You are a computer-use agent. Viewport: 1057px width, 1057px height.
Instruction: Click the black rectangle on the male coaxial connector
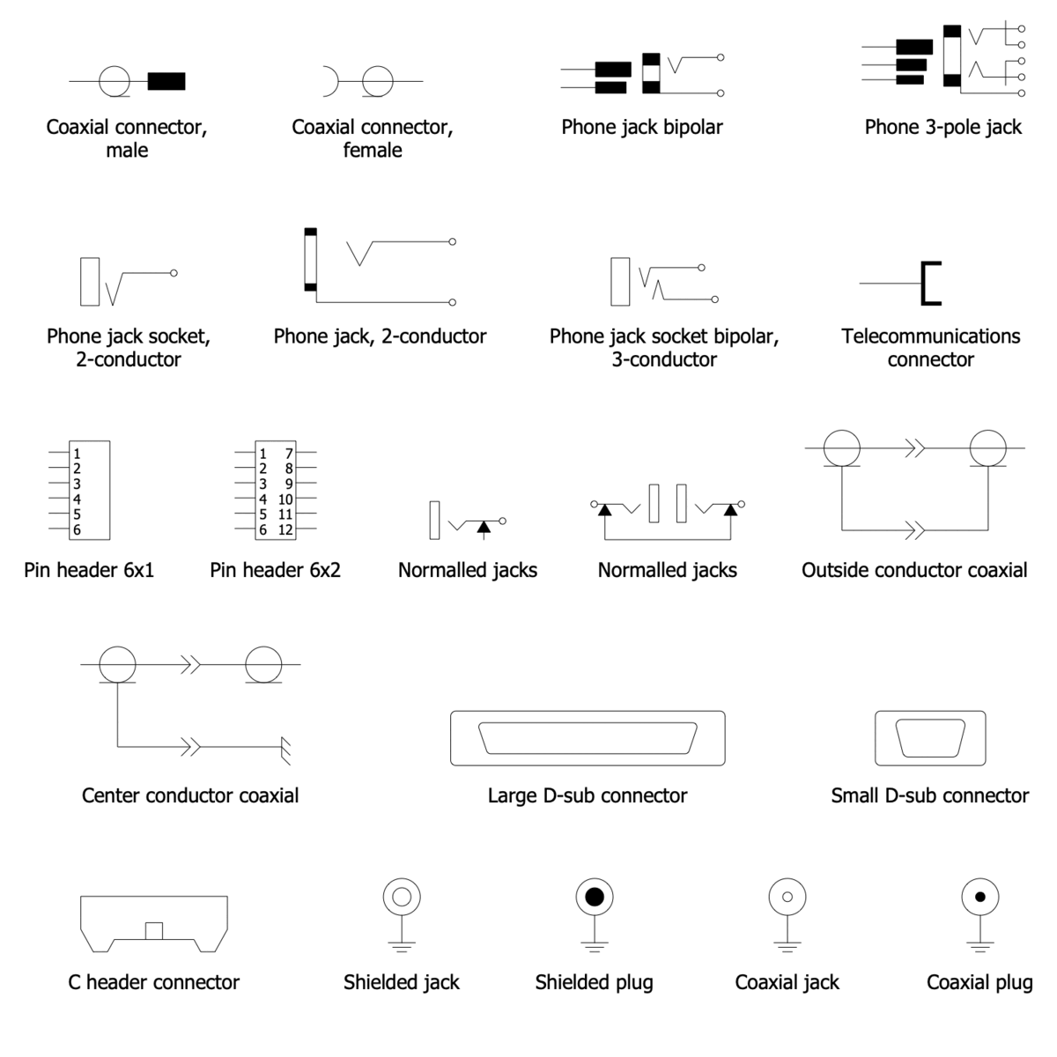click(166, 81)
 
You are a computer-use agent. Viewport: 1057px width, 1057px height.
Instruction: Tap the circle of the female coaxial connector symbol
click(378, 81)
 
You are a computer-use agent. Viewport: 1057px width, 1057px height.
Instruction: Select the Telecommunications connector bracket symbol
click(930, 283)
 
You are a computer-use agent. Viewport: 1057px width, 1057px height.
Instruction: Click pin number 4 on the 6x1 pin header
click(77, 499)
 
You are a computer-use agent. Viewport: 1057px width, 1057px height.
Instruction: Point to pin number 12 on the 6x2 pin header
click(285, 530)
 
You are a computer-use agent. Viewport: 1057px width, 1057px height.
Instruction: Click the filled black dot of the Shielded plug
click(595, 898)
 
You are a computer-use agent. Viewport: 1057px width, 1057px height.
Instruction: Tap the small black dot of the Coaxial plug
click(979, 898)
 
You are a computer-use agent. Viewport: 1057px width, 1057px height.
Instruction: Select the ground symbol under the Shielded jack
click(402, 946)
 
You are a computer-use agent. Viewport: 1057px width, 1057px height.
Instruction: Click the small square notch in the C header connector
click(154, 930)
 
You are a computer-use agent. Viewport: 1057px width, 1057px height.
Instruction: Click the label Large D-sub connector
click(588, 796)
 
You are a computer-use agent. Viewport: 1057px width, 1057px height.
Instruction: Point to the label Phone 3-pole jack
click(942, 128)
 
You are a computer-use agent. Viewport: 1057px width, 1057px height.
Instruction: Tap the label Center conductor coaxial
click(190, 796)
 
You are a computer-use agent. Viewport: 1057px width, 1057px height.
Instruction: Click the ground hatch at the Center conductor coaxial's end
click(285, 750)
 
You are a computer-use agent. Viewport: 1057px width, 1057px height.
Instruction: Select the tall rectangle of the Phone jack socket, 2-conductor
click(90, 281)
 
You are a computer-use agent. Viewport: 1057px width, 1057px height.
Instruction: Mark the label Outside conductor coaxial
click(914, 571)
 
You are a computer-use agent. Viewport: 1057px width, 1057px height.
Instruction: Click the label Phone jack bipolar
click(642, 128)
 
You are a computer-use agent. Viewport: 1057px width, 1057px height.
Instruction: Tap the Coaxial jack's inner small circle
click(787, 898)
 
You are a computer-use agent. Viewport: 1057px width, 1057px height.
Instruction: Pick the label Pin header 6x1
click(89, 571)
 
